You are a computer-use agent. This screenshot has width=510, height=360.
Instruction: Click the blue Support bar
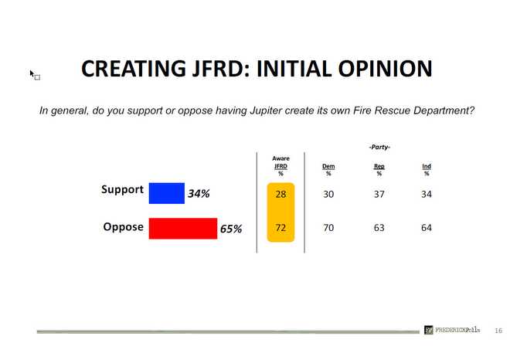tap(166, 192)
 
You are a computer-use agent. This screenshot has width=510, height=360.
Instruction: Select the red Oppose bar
tap(182, 229)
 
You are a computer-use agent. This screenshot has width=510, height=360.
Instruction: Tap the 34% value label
tap(199, 194)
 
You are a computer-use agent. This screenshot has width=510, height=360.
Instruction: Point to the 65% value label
tap(231, 229)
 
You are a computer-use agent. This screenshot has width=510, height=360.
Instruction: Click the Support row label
tap(122, 189)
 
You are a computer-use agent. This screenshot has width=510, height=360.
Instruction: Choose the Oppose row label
tap(123, 227)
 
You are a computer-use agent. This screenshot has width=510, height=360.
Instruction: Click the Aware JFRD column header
tap(280, 165)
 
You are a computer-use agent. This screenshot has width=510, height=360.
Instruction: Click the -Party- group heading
tap(379, 146)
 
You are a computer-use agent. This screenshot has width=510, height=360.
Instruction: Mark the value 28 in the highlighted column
tap(280, 194)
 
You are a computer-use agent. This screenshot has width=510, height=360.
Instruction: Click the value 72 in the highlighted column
tap(280, 228)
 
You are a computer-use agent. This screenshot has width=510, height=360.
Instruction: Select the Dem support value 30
tap(328, 194)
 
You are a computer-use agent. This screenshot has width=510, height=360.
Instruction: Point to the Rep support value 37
tap(379, 194)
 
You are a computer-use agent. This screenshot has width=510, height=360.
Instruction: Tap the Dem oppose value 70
tap(328, 228)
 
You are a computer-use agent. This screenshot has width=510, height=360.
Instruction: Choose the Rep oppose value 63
tap(379, 228)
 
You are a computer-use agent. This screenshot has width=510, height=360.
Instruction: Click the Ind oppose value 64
tap(427, 228)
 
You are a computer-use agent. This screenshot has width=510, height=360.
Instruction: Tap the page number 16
tap(498, 330)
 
